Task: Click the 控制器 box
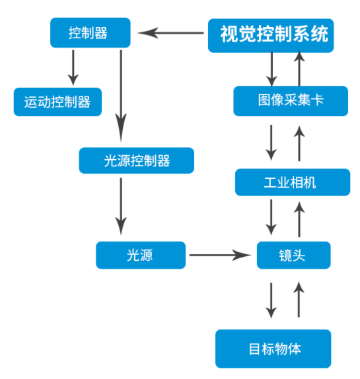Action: tap(90, 32)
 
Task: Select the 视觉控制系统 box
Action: tap(271, 35)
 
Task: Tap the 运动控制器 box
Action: tap(57, 102)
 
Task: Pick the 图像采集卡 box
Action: tap(291, 101)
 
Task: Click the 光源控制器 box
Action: tap(136, 160)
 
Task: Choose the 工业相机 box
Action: tap(293, 182)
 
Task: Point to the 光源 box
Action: tap(141, 255)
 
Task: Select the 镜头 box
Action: tap(293, 255)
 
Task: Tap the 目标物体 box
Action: tap(273, 349)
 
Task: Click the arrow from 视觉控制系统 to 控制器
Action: tap(170, 33)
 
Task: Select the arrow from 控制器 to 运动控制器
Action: tap(73, 67)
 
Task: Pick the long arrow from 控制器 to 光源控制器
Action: tap(121, 96)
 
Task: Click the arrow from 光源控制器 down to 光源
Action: tap(121, 206)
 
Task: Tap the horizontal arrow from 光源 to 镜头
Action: tap(220, 255)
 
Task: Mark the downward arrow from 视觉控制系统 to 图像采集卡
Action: tap(271, 69)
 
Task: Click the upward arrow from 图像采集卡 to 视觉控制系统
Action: tap(299, 68)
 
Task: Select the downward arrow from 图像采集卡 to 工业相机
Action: tap(271, 143)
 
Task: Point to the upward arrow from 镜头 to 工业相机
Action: tap(299, 219)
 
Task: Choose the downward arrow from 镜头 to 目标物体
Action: tap(271, 300)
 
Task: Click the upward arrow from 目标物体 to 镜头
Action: tap(299, 300)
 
